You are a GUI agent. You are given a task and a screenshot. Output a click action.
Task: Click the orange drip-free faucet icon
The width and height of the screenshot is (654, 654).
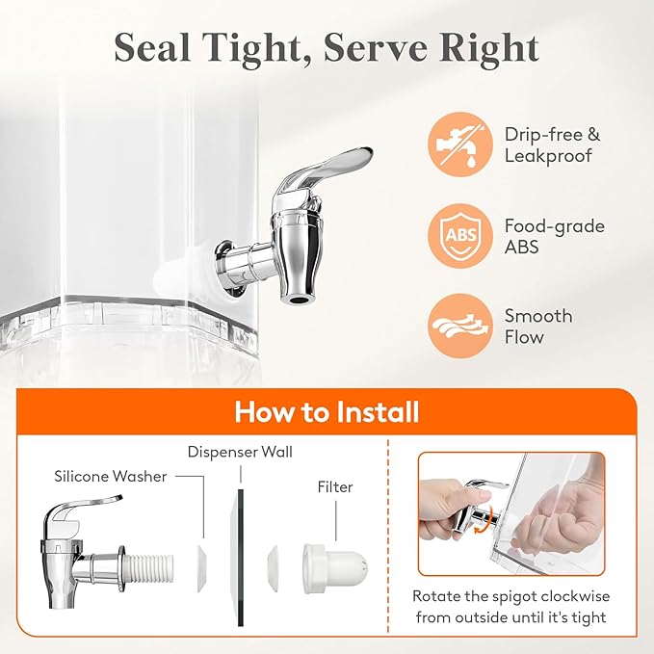click(460, 144)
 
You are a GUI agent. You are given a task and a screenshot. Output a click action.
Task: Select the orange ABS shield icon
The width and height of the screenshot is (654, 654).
click(460, 236)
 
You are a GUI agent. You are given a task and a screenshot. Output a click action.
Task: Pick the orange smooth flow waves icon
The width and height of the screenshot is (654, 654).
click(460, 326)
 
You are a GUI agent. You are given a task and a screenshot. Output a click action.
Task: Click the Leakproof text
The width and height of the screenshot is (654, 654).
click(548, 156)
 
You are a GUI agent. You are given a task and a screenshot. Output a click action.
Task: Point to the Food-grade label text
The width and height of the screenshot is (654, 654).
click(555, 226)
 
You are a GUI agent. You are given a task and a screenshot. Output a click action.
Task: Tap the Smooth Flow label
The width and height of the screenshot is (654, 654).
click(538, 327)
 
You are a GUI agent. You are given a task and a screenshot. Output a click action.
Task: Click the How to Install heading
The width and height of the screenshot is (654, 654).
click(327, 412)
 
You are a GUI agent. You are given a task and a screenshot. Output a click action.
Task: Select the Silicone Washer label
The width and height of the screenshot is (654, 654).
click(111, 477)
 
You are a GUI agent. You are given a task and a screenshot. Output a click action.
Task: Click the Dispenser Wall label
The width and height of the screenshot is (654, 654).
click(240, 452)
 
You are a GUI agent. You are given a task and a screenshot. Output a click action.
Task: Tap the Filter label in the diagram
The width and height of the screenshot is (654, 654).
click(335, 486)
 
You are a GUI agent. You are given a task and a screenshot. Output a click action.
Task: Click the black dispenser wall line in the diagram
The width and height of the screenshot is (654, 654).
click(241, 558)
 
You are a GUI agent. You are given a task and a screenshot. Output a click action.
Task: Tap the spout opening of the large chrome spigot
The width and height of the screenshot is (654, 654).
click(298, 300)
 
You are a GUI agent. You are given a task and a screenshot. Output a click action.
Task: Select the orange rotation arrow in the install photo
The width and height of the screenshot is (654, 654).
click(484, 520)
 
